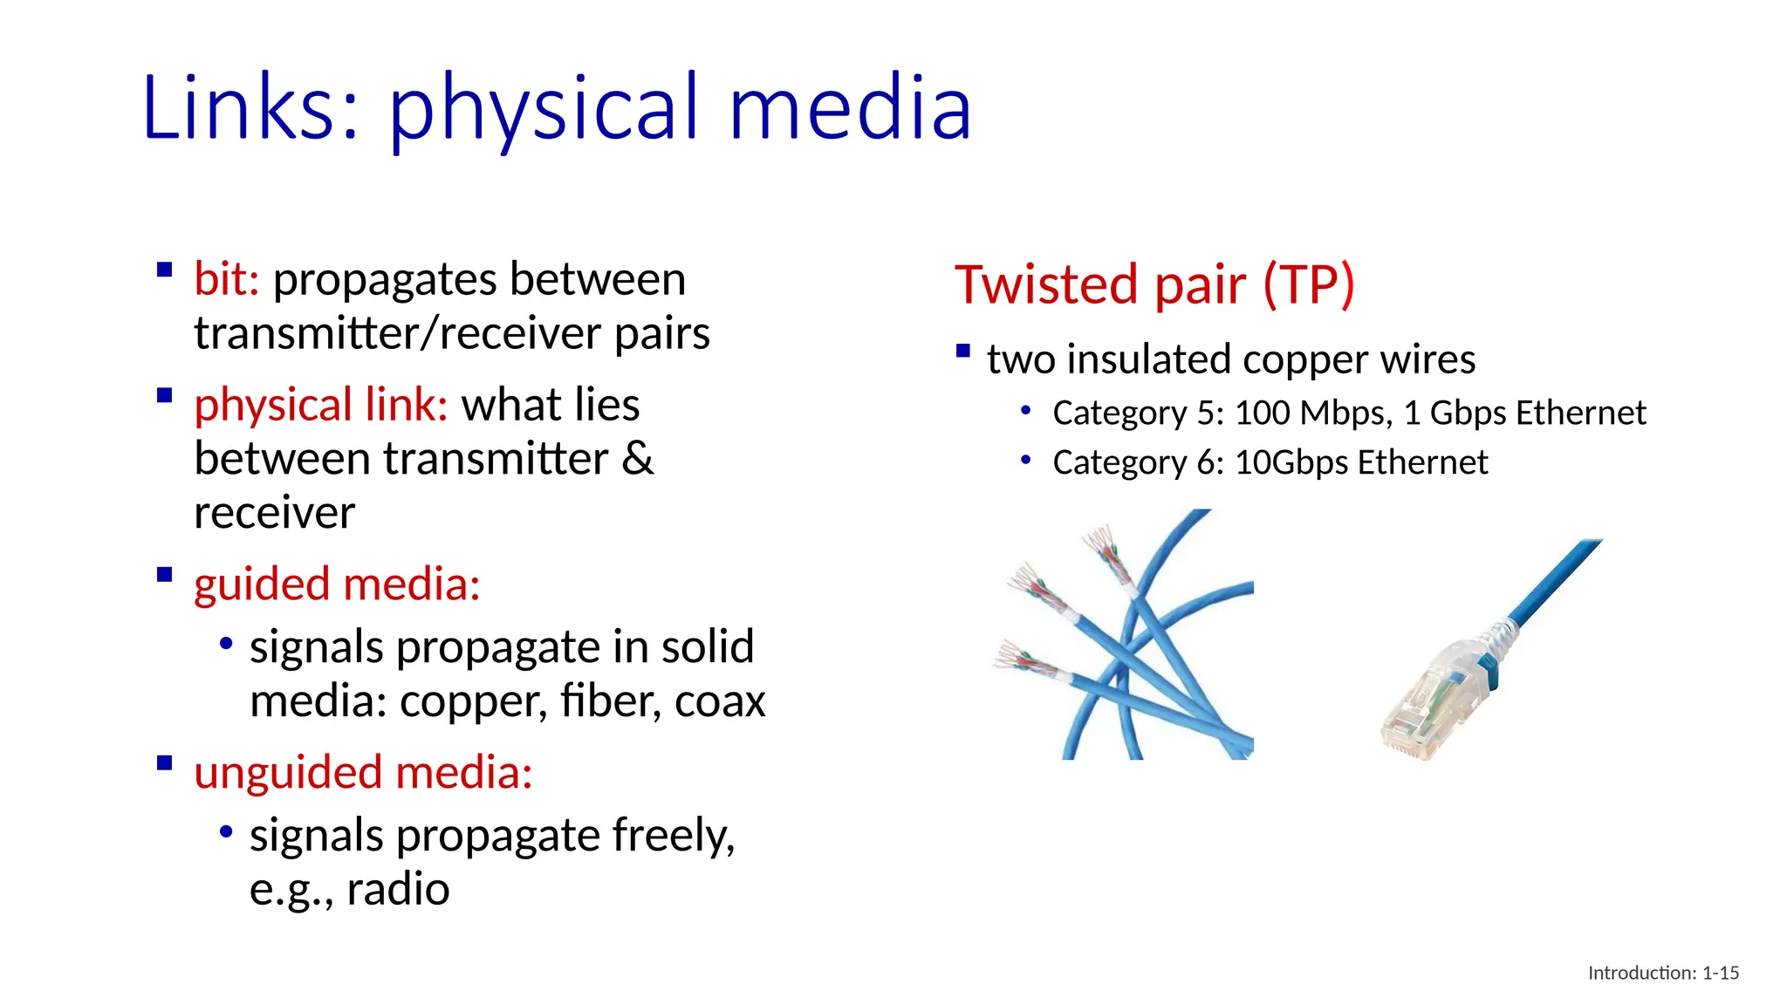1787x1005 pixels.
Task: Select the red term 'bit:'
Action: [226, 280]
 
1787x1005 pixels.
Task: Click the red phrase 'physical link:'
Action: [320, 406]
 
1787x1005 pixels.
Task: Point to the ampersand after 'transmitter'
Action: [637, 459]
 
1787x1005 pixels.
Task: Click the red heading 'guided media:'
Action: [337, 585]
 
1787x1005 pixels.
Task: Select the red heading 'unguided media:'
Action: [363, 773]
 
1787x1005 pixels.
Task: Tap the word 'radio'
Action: [398, 890]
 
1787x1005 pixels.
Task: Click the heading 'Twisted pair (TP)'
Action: [1154, 284]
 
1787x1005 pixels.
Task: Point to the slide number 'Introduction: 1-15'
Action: [1662, 973]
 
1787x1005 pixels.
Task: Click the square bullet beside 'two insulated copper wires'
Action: [963, 352]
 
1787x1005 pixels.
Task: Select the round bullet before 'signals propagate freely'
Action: [226, 831]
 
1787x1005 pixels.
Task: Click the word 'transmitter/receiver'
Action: [398, 334]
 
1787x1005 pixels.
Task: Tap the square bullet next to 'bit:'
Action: [164, 270]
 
